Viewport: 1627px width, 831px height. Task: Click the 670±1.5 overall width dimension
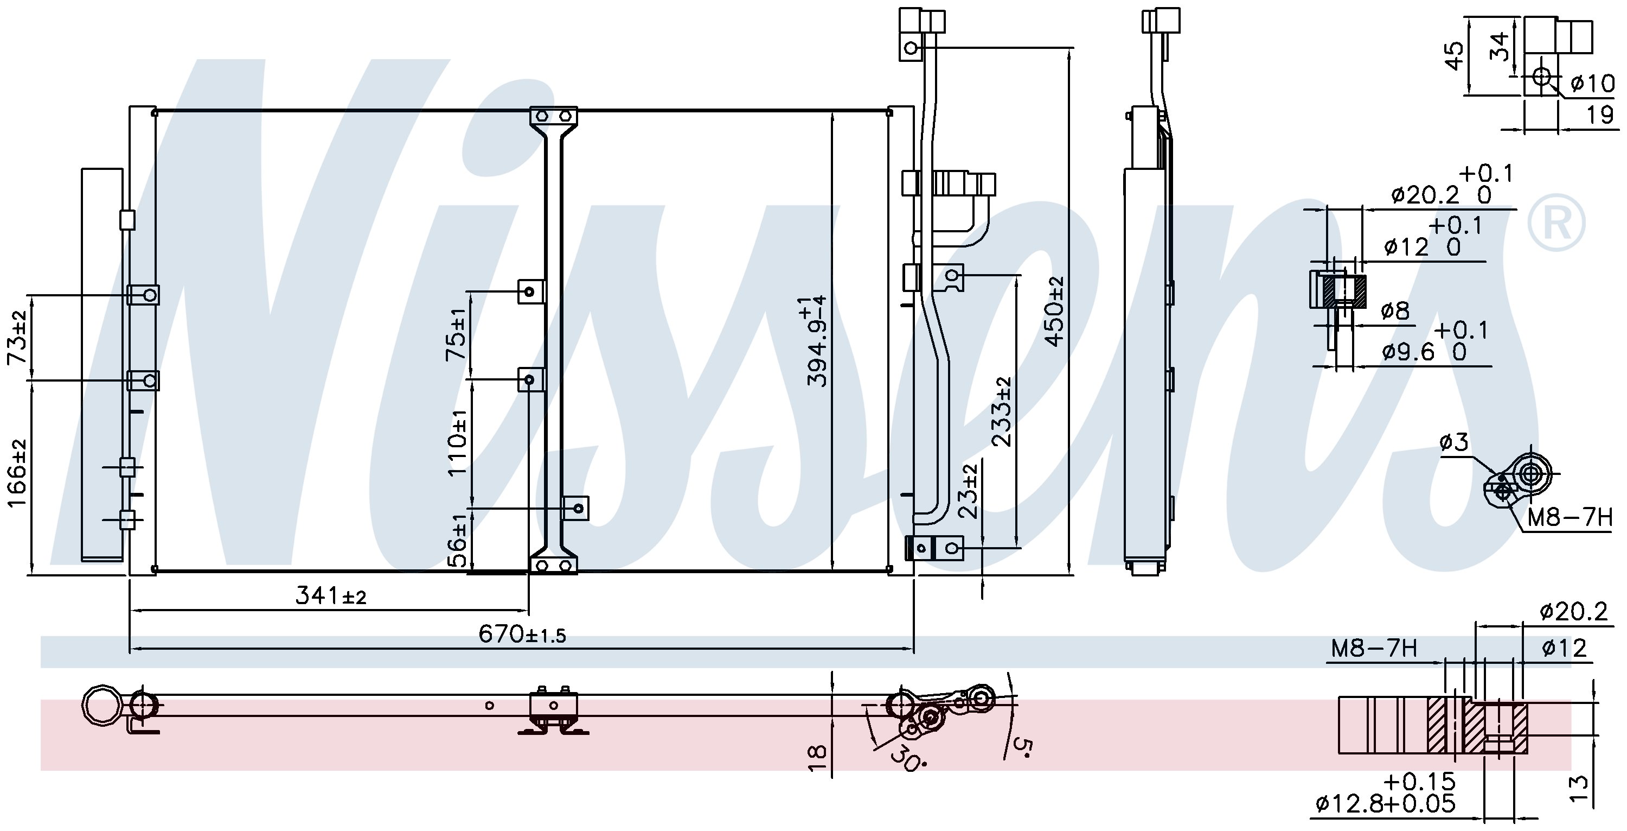pos(522,633)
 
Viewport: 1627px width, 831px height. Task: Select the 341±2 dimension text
pos(331,595)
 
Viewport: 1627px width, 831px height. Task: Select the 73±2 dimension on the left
pos(18,338)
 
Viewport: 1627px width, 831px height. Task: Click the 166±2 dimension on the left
pos(18,473)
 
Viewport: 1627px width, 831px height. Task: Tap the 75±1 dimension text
pos(457,335)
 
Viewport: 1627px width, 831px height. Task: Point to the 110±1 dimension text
pos(457,442)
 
